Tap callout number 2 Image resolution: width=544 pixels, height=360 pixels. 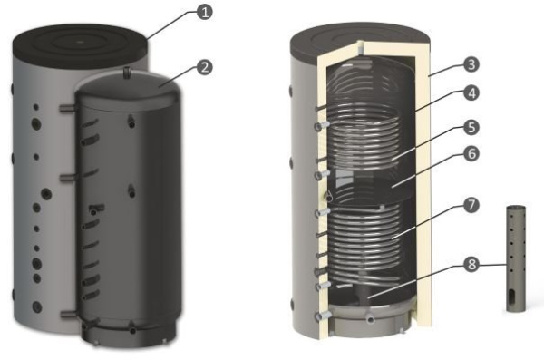[207, 66]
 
